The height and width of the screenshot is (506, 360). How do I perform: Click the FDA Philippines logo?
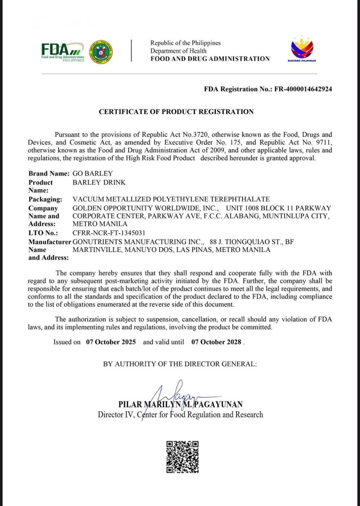(x=63, y=52)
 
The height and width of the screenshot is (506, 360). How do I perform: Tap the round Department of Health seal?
(x=100, y=52)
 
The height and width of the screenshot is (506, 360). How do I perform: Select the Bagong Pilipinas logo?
(x=302, y=50)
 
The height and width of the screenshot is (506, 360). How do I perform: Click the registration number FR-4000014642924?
(x=303, y=89)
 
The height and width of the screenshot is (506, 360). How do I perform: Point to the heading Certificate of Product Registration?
(x=176, y=112)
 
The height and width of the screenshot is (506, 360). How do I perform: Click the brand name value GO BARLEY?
(x=93, y=173)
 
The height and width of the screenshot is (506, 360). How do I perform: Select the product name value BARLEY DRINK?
(x=99, y=182)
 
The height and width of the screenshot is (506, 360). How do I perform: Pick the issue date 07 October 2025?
(x=111, y=342)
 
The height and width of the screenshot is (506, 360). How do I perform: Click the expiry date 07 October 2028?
(x=216, y=342)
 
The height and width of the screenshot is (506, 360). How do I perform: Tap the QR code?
(x=182, y=457)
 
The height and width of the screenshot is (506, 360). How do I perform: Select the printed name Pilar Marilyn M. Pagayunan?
(x=180, y=404)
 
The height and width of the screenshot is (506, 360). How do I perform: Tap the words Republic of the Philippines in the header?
(x=186, y=43)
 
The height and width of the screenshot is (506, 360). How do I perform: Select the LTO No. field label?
(x=43, y=233)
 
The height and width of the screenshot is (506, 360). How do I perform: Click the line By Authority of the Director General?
(x=180, y=364)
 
